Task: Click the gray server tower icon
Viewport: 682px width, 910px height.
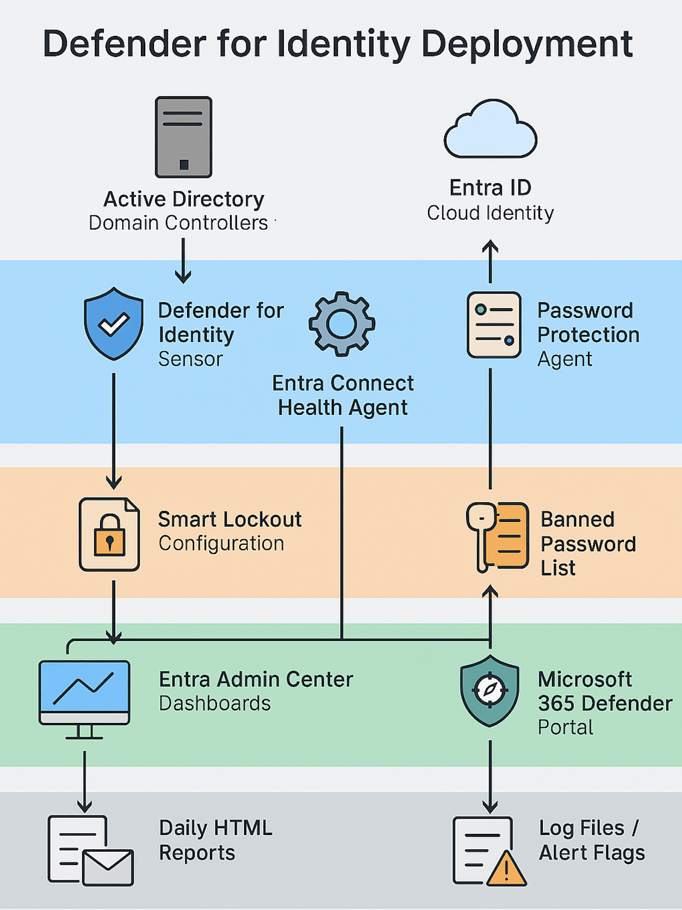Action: coord(183,137)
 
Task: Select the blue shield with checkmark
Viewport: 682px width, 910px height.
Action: coord(114,324)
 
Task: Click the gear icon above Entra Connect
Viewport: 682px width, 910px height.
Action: coord(342,324)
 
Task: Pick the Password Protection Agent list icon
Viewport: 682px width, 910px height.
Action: coord(494,325)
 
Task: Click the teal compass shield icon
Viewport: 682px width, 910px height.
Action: coord(489,691)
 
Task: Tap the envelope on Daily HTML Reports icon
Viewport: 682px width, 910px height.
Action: coord(108,867)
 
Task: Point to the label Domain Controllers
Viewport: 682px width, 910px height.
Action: coord(178,223)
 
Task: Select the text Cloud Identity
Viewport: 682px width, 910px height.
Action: coord(490,213)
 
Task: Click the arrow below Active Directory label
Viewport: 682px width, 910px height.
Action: coord(183,262)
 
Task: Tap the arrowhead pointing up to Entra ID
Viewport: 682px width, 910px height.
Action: coord(490,247)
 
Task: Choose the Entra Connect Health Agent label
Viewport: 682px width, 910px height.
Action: coord(343,395)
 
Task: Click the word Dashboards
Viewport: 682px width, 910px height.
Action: coord(214,703)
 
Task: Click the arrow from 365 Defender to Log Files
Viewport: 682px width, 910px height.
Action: coord(490,777)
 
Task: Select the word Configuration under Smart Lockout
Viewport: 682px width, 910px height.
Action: coord(221,544)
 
